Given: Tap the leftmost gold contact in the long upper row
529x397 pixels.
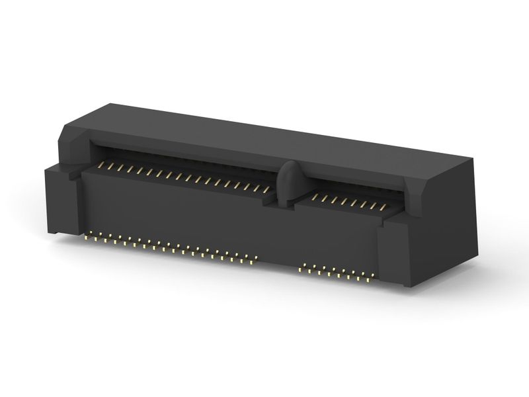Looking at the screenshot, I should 101,163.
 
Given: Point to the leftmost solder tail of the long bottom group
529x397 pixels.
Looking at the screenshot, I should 90,234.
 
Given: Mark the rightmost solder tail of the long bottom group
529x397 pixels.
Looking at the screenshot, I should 253,262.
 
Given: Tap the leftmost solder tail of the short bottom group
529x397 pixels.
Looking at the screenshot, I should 302,269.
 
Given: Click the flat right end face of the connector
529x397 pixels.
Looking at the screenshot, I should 456,212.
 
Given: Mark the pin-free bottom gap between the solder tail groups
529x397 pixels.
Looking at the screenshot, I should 278,268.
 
